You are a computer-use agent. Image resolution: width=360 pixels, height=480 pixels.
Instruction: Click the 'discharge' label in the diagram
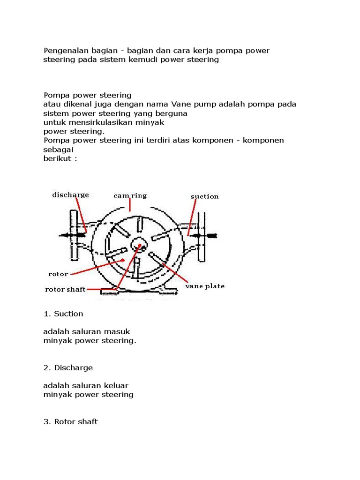pyautogui.click(x=70, y=195)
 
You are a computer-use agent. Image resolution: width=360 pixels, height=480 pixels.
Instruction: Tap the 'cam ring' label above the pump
pyautogui.click(x=130, y=195)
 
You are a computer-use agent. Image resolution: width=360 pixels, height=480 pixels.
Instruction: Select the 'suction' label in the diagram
pyautogui.click(x=204, y=196)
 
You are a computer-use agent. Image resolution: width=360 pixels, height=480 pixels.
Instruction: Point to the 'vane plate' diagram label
pyautogui.click(x=205, y=285)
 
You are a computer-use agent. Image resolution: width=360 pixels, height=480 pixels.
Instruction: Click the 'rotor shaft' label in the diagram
pyautogui.click(x=65, y=289)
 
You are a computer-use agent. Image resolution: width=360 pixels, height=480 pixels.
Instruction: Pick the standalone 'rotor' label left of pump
pyautogui.click(x=58, y=274)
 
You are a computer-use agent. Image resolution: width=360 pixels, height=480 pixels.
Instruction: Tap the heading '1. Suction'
pyautogui.click(x=63, y=314)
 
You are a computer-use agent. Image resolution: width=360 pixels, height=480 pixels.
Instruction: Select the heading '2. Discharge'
pyautogui.click(x=68, y=367)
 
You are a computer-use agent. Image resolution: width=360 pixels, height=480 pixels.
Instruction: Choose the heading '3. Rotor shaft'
pyautogui.click(x=70, y=421)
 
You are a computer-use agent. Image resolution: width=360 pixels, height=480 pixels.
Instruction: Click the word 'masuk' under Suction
pyautogui.click(x=119, y=331)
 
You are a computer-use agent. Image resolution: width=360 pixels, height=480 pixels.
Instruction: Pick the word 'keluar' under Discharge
pyautogui.click(x=117, y=385)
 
